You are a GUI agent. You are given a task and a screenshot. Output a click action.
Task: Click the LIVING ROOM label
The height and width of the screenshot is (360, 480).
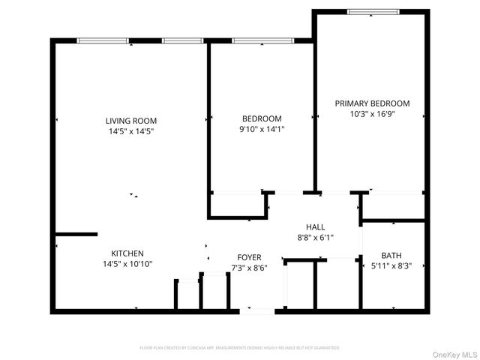tap(131, 120)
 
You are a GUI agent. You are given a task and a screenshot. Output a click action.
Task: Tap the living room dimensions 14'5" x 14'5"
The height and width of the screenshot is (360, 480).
tap(131, 131)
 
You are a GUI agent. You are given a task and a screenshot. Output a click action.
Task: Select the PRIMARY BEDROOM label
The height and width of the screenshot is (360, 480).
tap(372, 103)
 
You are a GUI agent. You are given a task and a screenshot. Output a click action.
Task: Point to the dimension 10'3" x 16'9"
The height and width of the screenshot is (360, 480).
tap(372, 115)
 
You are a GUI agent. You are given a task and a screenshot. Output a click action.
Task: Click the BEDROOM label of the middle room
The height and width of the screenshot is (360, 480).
tap(262, 118)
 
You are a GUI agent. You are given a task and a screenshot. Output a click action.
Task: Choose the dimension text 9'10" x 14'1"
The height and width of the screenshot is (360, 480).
tap(262, 129)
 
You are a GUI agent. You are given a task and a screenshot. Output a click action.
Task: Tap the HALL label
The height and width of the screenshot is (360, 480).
tap(315, 226)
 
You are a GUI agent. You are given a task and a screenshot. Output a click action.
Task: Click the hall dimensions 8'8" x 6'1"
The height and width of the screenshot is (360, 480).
tap(315, 237)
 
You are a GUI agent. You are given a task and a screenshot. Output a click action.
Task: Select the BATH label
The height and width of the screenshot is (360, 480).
tap(391, 255)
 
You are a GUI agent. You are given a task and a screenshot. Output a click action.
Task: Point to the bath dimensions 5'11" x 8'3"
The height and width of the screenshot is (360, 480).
tap(391, 265)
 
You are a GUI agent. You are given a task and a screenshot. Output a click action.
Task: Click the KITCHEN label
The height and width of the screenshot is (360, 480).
tap(127, 253)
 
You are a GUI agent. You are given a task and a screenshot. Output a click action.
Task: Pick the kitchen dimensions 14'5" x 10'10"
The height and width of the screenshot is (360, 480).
tap(127, 264)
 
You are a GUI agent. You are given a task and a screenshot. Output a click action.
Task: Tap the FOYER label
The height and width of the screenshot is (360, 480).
tap(249, 257)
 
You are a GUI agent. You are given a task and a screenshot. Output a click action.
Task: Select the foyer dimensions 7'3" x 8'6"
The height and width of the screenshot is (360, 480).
tap(249, 268)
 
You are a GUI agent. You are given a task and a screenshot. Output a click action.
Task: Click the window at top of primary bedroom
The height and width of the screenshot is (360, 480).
tap(368, 12)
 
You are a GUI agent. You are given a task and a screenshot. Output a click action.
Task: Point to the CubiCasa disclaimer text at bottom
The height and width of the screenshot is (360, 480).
tap(240, 348)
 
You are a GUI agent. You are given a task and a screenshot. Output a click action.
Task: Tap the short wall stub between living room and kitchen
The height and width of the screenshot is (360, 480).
tap(76, 234)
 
